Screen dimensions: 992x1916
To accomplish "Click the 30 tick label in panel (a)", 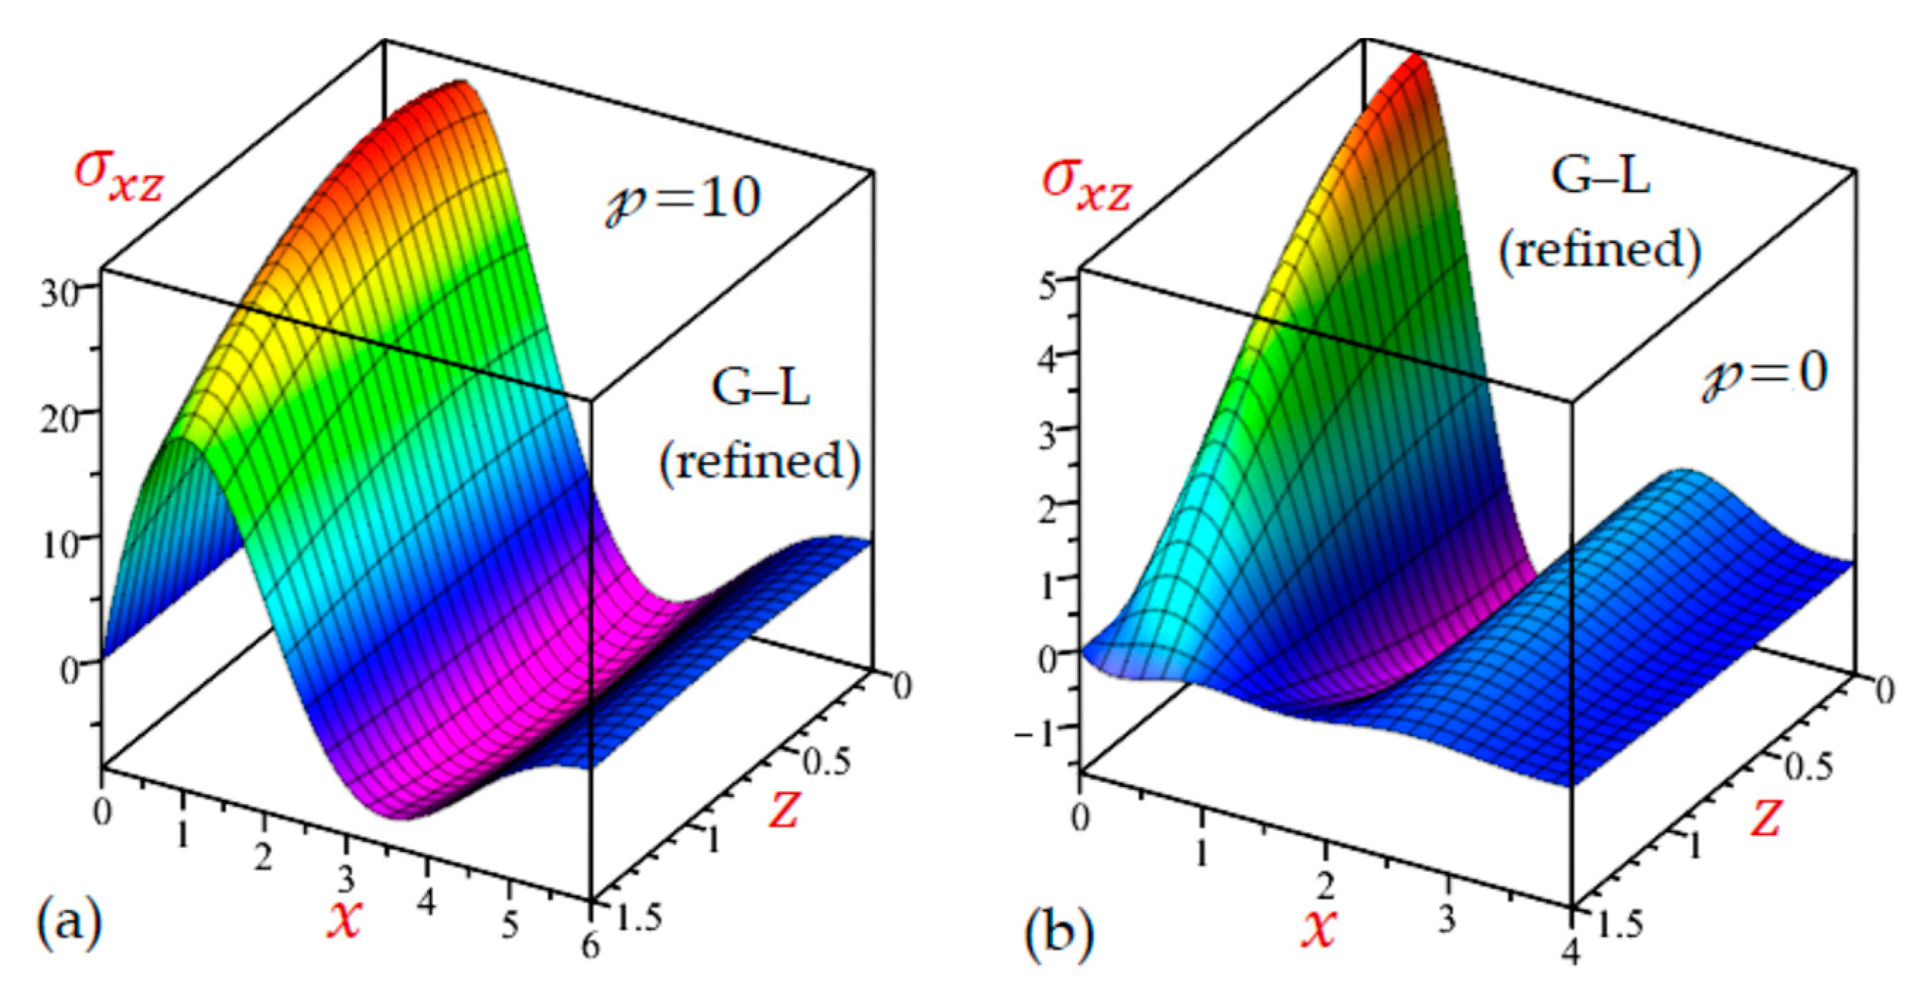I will pyautogui.click(x=61, y=295).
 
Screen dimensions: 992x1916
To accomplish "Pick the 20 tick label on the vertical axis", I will pyautogui.click(x=61, y=422).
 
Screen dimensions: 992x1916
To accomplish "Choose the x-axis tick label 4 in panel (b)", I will pyautogui.click(x=1570, y=952).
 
